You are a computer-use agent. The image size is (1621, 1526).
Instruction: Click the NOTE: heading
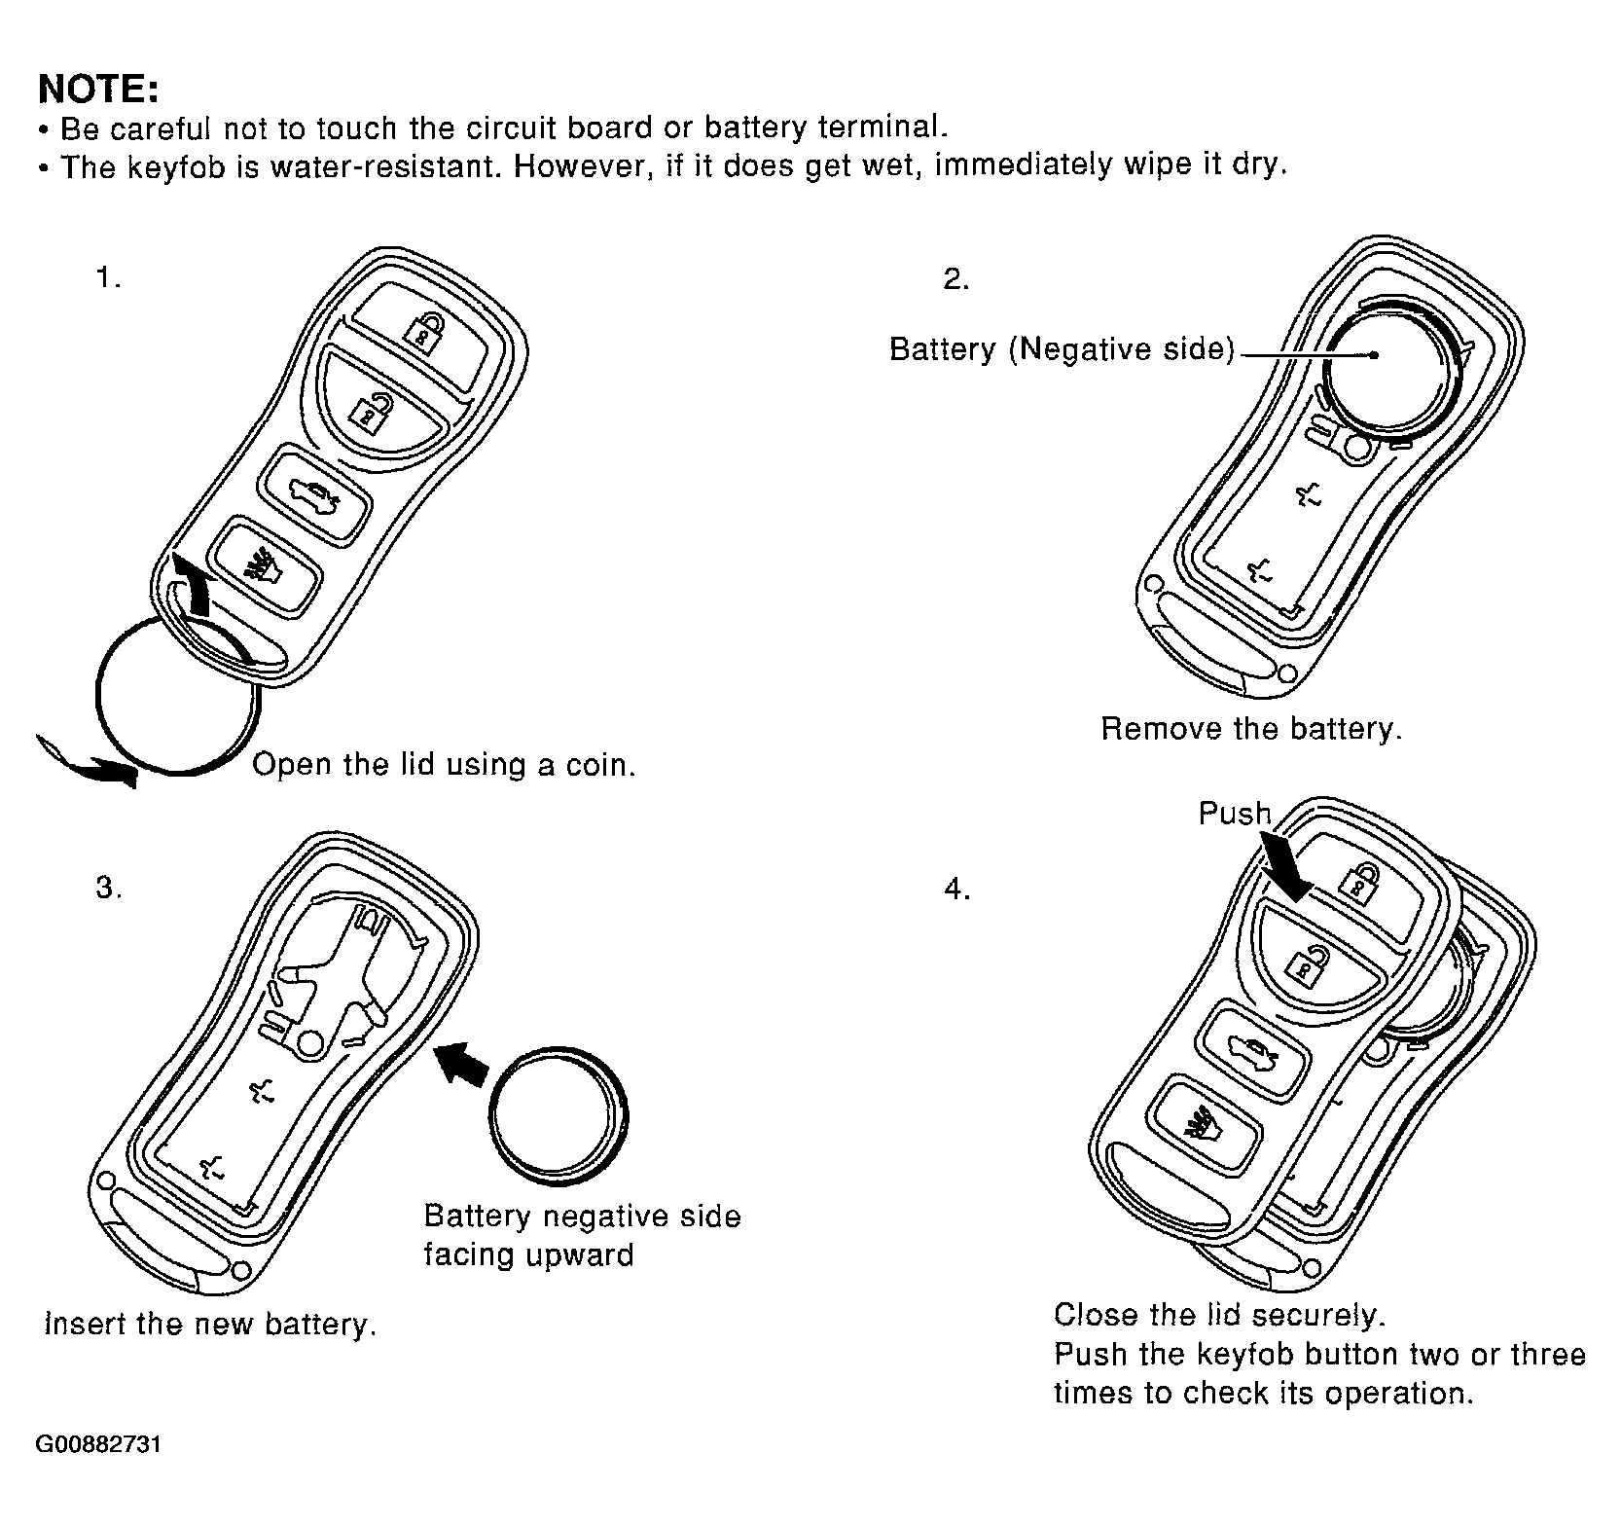tap(97, 89)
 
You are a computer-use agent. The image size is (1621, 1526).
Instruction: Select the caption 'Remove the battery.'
tap(1251, 729)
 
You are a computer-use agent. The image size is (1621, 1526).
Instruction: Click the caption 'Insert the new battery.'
tap(210, 1325)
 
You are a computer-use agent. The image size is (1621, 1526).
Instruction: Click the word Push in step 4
tap(1234, 813)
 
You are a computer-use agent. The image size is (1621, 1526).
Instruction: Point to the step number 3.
tap(108, 889)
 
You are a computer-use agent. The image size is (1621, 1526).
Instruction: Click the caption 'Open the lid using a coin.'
tap(444, 765)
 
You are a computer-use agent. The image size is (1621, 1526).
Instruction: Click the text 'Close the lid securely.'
tap(1218, 1315)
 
